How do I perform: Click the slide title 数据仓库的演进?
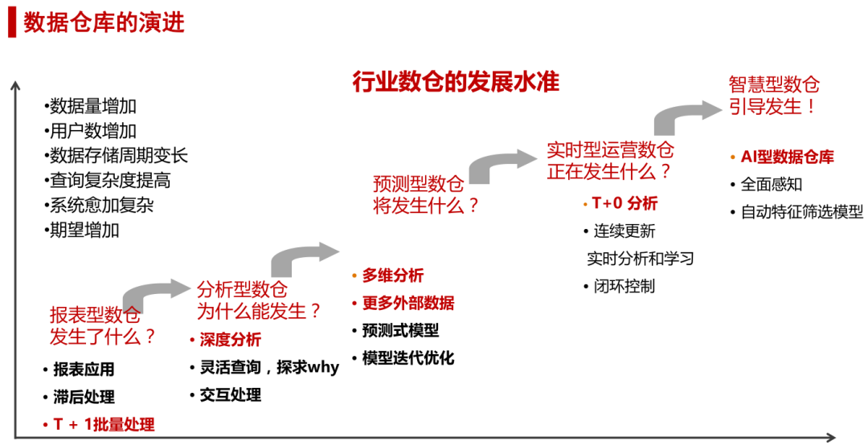click(104, 22)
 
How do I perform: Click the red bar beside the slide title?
click(12, 22)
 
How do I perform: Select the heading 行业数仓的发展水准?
click(455, 82)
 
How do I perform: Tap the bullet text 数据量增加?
click(93, 106)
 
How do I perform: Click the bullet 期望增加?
click(84, 230)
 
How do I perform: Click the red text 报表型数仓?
click(95, 315)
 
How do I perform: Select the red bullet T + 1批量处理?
click(104, 424)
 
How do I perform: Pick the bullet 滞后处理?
click(84, 397)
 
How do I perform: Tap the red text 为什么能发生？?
click(259, 311)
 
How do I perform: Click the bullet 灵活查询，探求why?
click(269, 367)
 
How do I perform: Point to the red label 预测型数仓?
click(418, 183)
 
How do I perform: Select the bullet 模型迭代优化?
click(408, 357)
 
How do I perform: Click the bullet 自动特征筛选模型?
click(802, 212)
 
